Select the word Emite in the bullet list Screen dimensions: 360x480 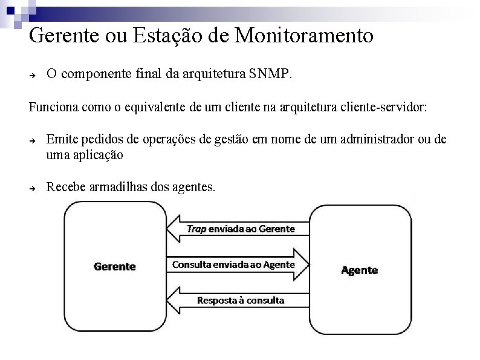[60, 140]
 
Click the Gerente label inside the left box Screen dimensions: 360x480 [115, 266]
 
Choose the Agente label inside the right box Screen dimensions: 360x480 [360, 270]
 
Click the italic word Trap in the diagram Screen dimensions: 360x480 [196, 229]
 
